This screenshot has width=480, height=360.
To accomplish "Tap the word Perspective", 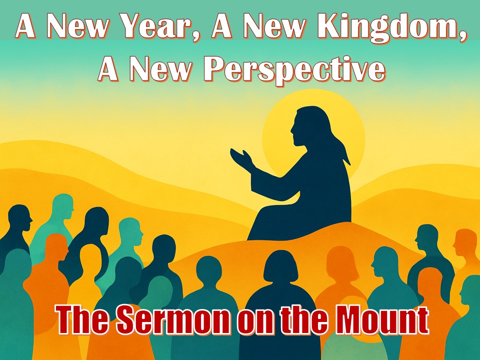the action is click(294, 70).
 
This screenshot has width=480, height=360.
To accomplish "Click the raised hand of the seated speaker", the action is click(242, 159).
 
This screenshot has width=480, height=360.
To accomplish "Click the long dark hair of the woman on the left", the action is click(92, 232).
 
